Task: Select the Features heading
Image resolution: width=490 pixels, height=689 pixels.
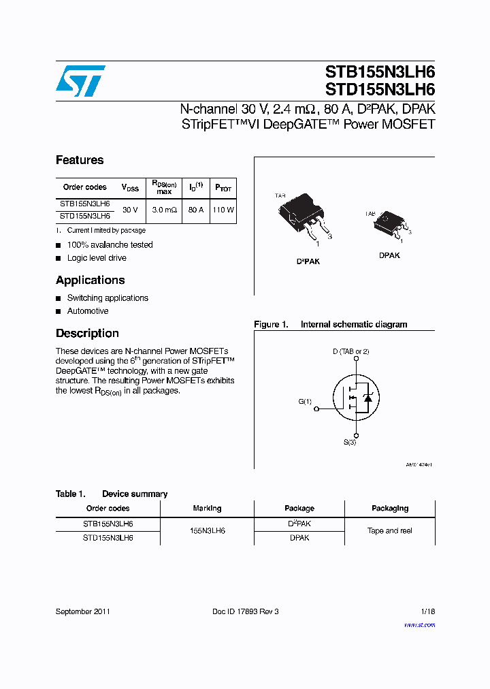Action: coord(80,160)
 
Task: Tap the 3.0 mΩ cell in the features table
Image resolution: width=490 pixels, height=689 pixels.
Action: coord(164,210)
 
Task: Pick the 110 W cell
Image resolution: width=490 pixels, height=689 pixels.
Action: coord(223,210)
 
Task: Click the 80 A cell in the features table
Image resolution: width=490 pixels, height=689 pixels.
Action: coord(196,210)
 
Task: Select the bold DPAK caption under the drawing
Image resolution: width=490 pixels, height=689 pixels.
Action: coord(389,255)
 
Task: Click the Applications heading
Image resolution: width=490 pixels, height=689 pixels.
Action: coord(91,280)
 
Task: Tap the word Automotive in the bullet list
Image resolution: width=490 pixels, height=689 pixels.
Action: coord(88,311)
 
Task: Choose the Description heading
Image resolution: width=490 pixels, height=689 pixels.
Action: coord(87,333)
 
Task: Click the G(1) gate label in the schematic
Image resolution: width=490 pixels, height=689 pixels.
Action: coord(305,402)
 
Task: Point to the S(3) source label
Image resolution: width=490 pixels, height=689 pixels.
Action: coord(350,443)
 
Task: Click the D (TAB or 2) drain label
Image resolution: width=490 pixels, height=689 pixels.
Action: coord(350,351)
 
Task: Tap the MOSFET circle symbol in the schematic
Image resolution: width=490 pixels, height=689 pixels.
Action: coord(357,398)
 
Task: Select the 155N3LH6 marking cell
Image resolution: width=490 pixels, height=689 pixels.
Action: coord(207,531)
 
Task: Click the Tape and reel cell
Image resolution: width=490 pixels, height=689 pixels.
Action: coord(389,531)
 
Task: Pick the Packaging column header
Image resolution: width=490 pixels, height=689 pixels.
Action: coord(390,509)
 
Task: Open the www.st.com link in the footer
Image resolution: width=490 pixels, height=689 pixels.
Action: coord(419,625)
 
